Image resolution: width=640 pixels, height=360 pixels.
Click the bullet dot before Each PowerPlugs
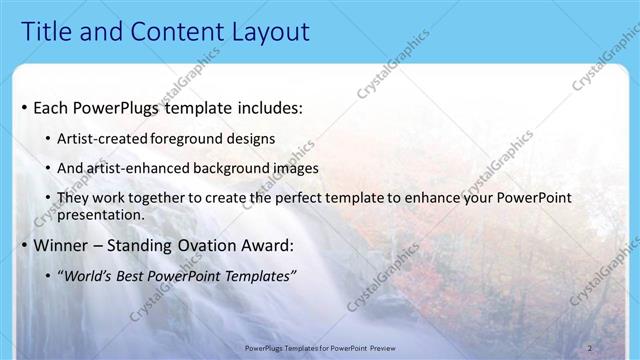click(x=23, y=106)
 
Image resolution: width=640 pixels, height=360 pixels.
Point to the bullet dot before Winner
click(x=23, y=246)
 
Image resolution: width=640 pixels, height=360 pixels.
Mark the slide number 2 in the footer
click(x=590, y=348)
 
